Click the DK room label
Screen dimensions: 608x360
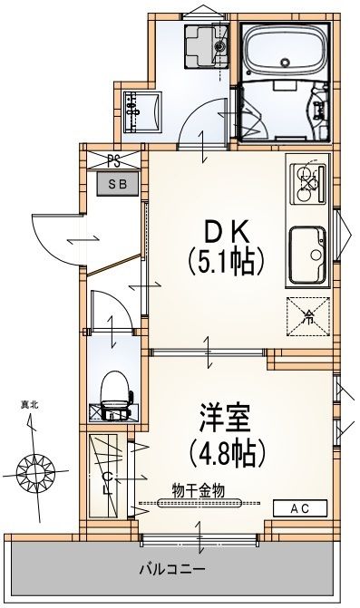coord(225,229)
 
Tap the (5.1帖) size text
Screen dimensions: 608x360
coord(225,263)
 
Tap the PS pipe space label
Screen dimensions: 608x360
coord(113,162)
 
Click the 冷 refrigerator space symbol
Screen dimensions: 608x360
coord(307,315)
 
